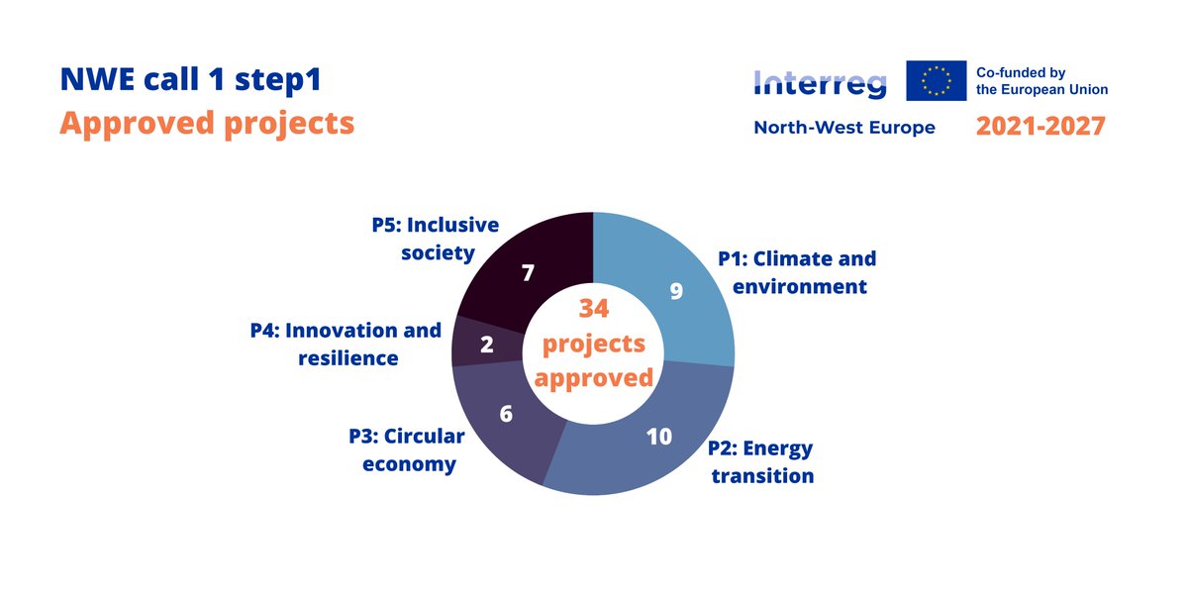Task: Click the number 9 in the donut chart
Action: (676, 292)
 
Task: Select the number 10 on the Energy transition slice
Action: (659, 436)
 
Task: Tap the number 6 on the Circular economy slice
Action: (506, 414)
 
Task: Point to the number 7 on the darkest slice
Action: (529, 271)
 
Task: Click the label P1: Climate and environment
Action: (797, 272)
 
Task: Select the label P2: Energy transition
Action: (761, 461)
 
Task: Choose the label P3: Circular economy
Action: (407, 449)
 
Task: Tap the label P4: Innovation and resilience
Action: (346, 344)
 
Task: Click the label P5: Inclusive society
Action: (437, 239)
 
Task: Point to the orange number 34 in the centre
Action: (593, 309)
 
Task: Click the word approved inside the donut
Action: (594, 378)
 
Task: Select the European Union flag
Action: (936, 80)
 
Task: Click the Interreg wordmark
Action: (820, 83)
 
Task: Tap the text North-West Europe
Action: (844, 128)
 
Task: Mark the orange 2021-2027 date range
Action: (1039, 127)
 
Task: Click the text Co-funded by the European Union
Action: (1041, 81)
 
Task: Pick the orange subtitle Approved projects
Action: (206, 123)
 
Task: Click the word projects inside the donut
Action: (594, 344)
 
